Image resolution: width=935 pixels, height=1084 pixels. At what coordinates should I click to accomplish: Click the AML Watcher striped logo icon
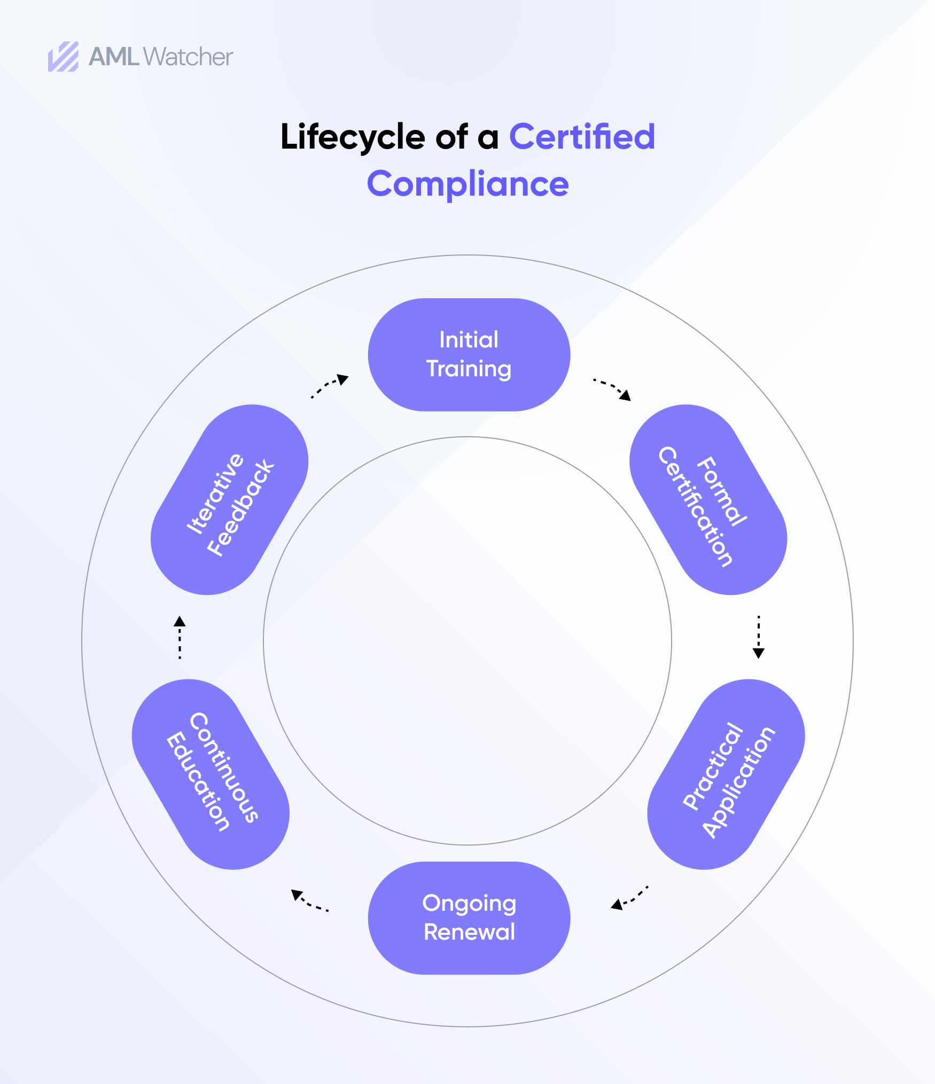[63, 57]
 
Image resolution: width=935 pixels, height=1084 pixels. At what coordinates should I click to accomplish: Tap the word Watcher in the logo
[188, 57]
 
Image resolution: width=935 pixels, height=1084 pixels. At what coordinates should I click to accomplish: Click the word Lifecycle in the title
[352, 137]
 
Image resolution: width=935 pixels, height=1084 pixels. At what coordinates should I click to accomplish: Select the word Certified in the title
[582, 137]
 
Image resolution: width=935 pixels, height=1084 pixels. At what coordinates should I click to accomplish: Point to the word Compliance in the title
[467, 184]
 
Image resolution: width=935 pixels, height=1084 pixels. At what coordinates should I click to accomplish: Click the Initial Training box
[469, 355]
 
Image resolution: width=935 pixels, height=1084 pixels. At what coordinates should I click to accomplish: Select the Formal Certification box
[708, 500]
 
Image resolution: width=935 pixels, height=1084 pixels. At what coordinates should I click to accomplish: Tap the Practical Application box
[726, 775]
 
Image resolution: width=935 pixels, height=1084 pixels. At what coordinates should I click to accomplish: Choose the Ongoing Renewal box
[469, 918]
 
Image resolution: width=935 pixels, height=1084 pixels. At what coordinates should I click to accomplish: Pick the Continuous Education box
[211, 775]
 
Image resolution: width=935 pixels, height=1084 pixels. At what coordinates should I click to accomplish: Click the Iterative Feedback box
[230, 500]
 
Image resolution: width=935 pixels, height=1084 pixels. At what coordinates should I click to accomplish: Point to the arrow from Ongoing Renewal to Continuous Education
[309, 900]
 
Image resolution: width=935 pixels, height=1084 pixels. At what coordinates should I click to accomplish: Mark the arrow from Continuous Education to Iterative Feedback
[180, 637]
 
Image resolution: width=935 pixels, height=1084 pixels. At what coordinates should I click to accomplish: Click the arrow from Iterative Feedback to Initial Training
[329, 386]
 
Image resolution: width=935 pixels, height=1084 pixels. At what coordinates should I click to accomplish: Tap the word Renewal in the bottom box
[469, 932]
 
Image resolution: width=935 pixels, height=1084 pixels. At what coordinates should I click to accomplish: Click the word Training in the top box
[469, 369]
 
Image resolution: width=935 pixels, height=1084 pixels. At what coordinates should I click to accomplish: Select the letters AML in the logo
[114, 57]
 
